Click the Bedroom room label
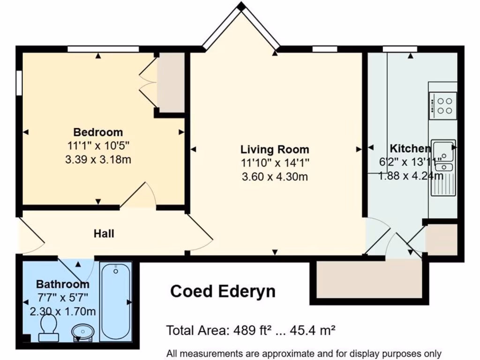tap(98, 132)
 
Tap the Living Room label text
tap(275, 150)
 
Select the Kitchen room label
tap(410, 149)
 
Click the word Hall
tap(104, 233)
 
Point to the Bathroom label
tap(63, 284)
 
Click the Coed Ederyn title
tap(223, 291)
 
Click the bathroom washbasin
tap(82, 332)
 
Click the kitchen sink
tap(443, 155)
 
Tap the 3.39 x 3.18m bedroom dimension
tap(98, 160)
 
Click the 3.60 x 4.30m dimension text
tap(275, 177)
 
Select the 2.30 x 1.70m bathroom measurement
tap(63, 311)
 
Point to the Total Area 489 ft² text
tap(251, 330)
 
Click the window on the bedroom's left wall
tap(19, 83)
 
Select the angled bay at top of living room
tap(241, 26)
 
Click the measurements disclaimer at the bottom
tap(304, 353)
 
